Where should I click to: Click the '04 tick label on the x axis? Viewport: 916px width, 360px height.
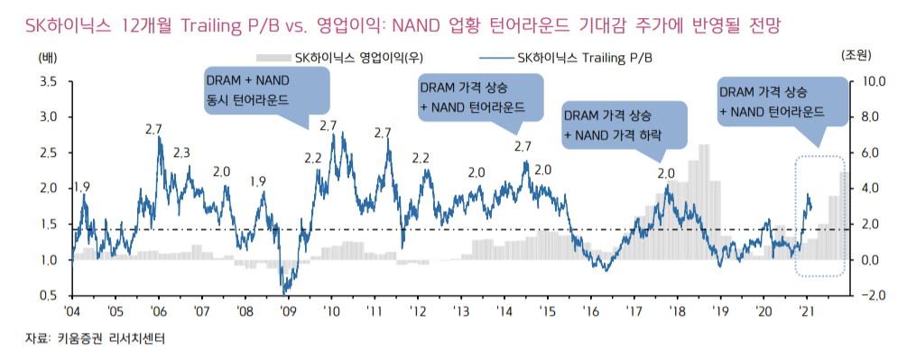coord(72,310)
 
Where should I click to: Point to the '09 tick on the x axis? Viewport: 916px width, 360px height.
coord(288,310)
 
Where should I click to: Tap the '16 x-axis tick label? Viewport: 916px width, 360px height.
coord(591,310)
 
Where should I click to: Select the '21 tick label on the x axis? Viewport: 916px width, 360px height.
coord(808,310)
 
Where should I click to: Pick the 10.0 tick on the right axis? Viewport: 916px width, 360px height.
coord(877,81)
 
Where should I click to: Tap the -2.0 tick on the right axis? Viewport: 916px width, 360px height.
coord(877,295)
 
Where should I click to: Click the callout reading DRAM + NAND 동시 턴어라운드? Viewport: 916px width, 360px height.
coord(264,89)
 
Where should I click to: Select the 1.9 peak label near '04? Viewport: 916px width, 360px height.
coord(81,187)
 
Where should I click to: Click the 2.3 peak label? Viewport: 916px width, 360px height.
coord(181,152)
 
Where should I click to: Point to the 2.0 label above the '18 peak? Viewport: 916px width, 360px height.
coord(666,172)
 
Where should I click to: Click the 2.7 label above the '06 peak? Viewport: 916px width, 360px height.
coord(154,128)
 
